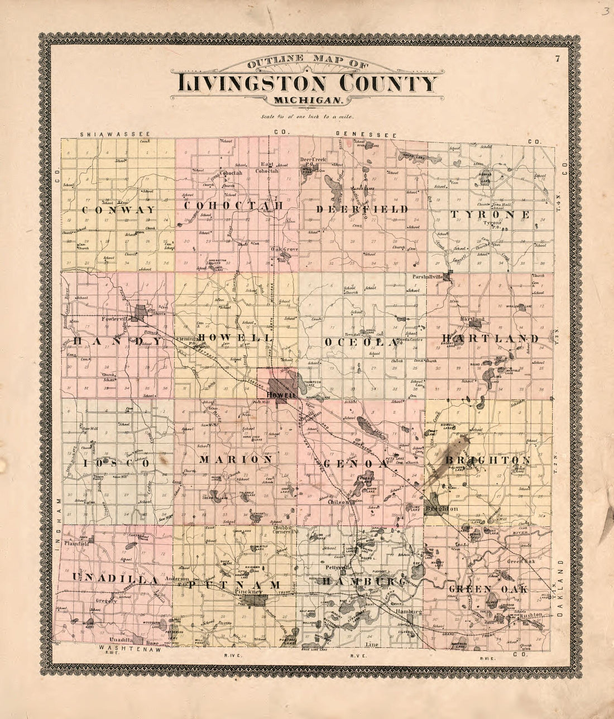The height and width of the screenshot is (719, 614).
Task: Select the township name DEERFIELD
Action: (x=362, y=209)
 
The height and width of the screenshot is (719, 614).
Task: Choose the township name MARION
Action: (x=236, y=459)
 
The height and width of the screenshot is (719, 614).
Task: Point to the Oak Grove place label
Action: (x=282, y=250)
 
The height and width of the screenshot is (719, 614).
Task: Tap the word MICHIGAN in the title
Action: (x=308, y=100)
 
